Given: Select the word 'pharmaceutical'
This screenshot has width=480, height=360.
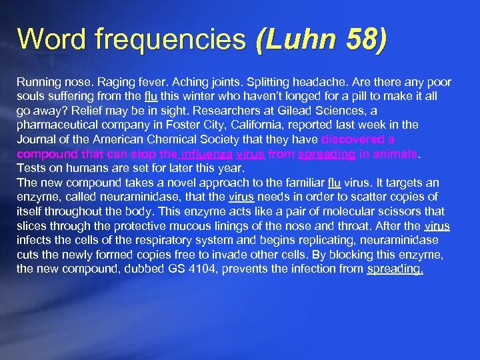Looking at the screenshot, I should tap(56, 125).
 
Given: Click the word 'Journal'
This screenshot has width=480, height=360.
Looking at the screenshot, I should tap(36, 139).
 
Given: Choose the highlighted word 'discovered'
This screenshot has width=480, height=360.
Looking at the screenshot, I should tap(354, 139).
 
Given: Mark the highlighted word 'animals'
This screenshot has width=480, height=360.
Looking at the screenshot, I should tap(393, 153).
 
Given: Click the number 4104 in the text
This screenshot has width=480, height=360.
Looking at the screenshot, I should tap(182, 269).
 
